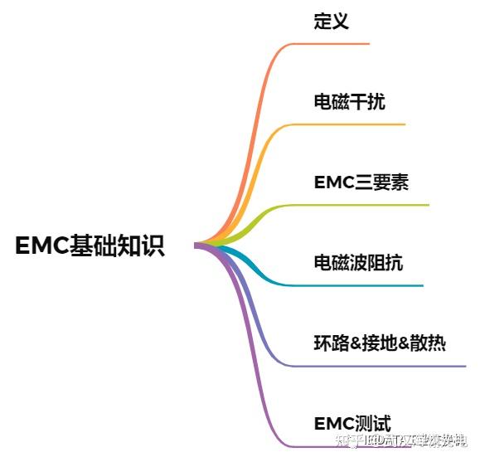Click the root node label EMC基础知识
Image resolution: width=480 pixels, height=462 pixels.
pyautogui.click(x=90, y=246)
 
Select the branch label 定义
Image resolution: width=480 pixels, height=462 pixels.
pyautogui.click(x=331, y=22)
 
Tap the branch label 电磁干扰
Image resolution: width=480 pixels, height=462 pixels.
pyautogui.click(x=349, y=102)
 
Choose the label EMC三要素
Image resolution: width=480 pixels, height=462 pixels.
pyautogui.click(x=361, y=182)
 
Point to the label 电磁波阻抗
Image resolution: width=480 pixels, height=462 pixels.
pyautogui.click(x=358, y=263)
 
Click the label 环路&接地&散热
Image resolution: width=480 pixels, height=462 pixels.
pyautogui.click(x=379, y=343)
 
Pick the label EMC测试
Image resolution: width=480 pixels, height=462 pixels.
pyautogui.click(x=352, y=424)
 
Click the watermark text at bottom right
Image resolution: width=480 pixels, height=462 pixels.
pyautogui.click(x=406, y=440)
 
